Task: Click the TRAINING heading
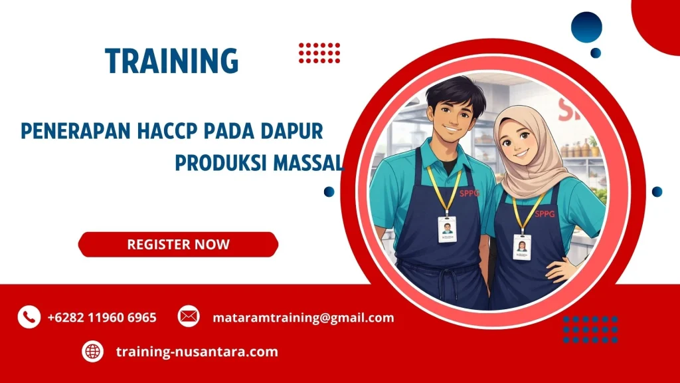click(171, 61)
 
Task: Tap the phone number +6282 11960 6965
click(102, 317)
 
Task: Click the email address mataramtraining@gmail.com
click(303, 317)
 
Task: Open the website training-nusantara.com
click(197, 351)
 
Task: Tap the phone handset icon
click(29, 317)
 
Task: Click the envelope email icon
click(189, 317)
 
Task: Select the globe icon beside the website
click(92, 351)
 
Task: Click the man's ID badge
click(447, 229)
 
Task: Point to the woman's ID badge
click(522, 247)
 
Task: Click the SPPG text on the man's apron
click(468, 193)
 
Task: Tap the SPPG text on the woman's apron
click(545, 213)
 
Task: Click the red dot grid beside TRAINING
click(319, 53)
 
